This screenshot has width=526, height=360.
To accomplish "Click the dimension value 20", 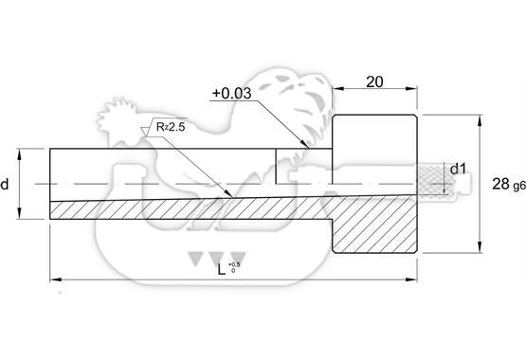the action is coord(374,81).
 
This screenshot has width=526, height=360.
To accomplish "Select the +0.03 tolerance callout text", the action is coord(232,93).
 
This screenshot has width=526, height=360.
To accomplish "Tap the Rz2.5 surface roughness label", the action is coord(171,127).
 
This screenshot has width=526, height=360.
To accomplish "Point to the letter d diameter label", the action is coord(5,184).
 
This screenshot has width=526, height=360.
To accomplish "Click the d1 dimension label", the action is coord(458,169).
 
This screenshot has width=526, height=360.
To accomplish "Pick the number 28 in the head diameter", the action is coord(500,184).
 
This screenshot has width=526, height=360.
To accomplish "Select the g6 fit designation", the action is coord(519,186).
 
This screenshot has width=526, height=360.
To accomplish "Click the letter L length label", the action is coord(221,269).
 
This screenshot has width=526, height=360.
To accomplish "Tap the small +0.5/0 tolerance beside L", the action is coord(234,267).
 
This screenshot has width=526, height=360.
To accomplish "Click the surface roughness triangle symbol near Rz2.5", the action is coord(145,132).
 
